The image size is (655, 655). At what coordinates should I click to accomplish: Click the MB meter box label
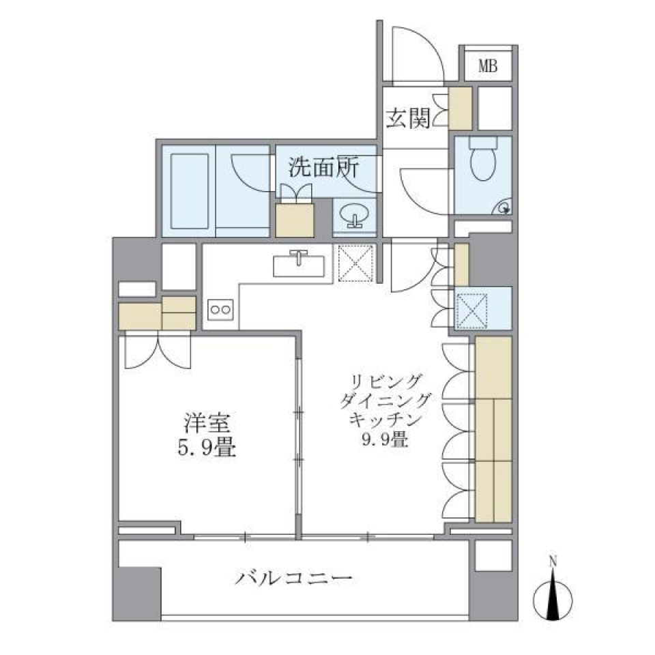point(487,66)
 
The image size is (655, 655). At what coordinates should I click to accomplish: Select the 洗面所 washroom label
point(323,168)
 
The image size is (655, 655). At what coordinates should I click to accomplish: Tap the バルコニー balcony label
point(294,580)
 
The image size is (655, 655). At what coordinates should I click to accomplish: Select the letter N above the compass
point(553,562)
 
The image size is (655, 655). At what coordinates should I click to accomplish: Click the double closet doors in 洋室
point(156,351)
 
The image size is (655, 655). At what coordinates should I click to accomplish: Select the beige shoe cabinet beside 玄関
point(461,108)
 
